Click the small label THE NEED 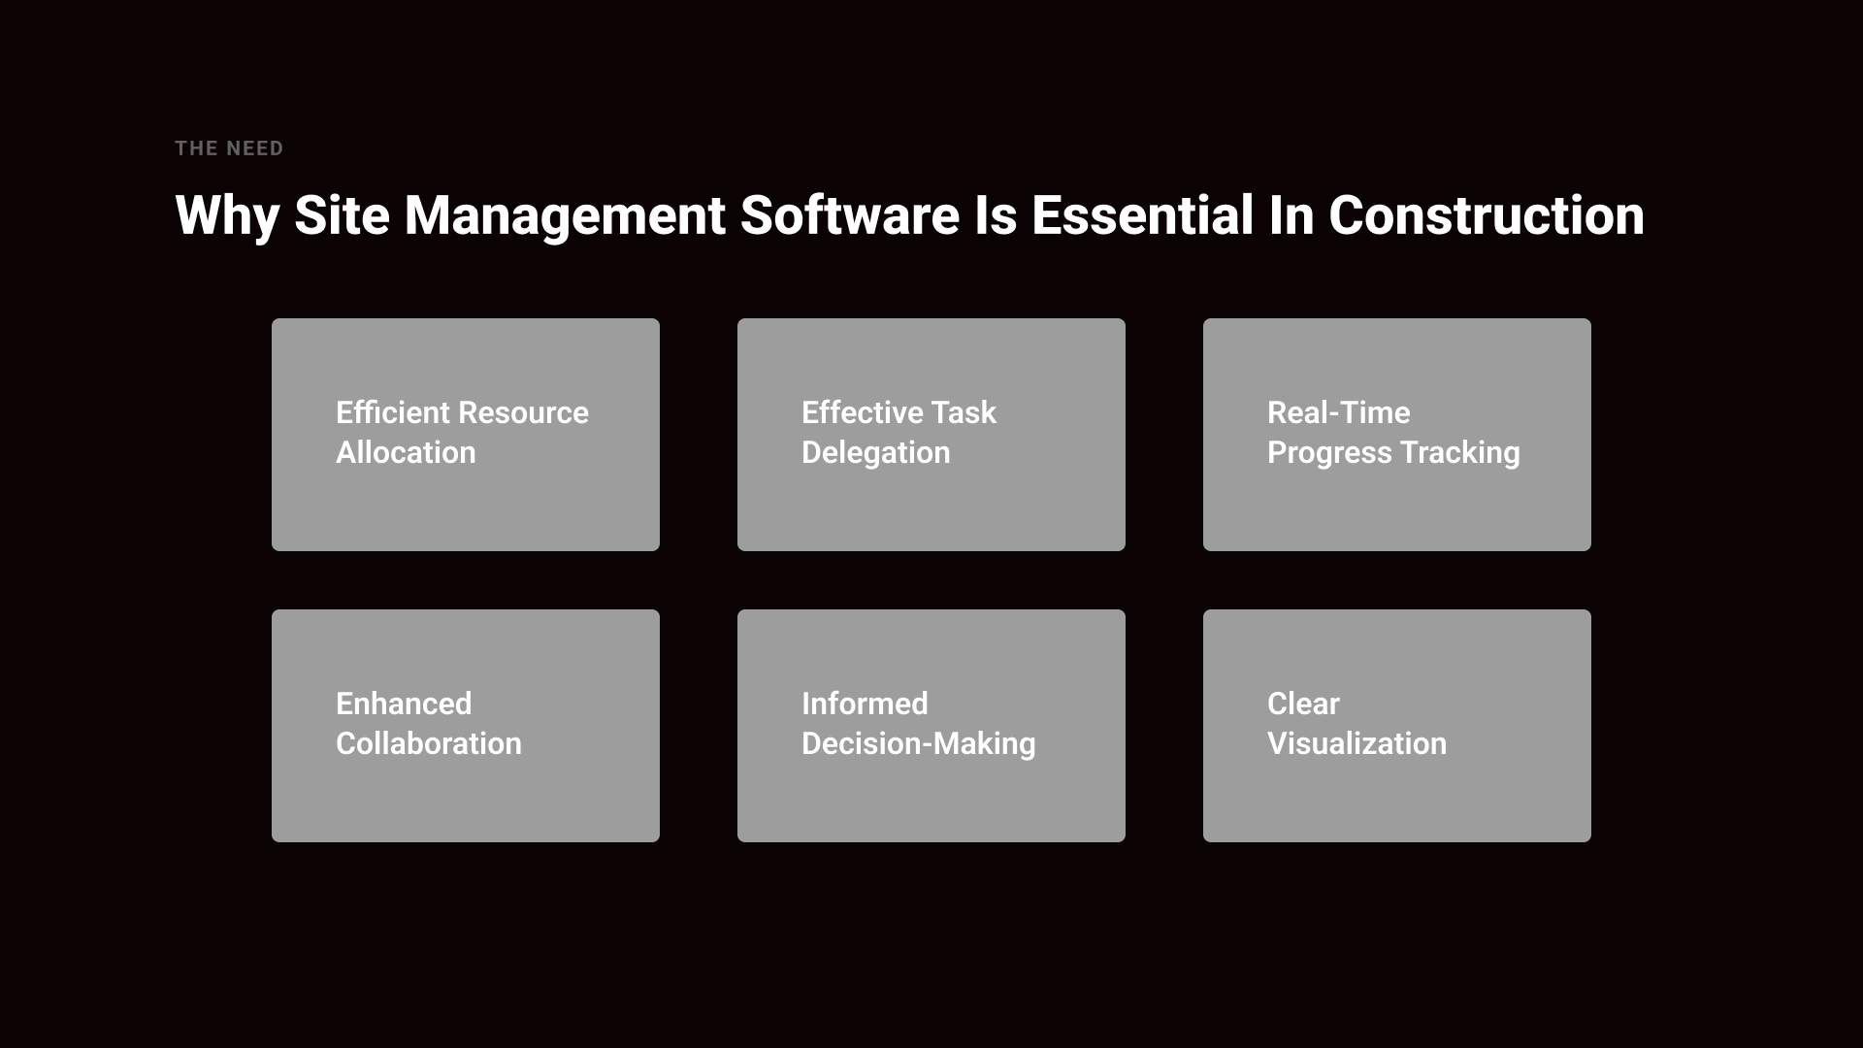(x=229, y=148)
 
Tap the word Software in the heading (x=850, y=214)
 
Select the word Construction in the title (x=1487, y=214)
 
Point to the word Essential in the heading (x=1143, y=214)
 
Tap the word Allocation (x=406, y=452)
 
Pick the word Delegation (x=875, y=453)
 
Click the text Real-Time (x=1338, y=412)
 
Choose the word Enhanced (x=404, y=704)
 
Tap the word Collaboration (x=429, y=743)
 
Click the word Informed (x=865, y=704)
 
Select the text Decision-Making (x=919, y=744)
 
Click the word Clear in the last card (x=1303, y=704)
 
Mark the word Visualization (x=1356, y=743)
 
